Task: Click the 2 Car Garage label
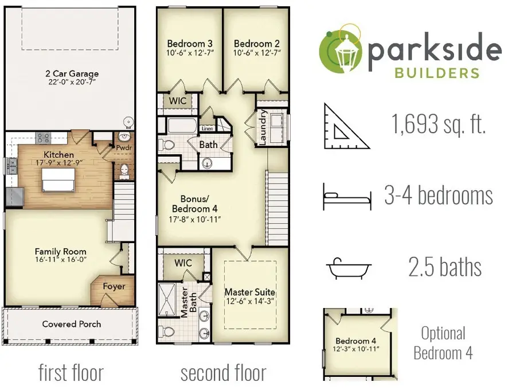click(x=72, y=73)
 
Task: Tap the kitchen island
click(x=58, y=180)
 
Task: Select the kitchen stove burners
click(x=43, y=138)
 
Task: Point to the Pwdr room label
click(x=124, y=148)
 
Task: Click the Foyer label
click(x=114, y=287)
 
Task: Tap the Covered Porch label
click(x=72, y=324)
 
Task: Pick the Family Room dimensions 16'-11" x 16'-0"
click(x=61, y=260)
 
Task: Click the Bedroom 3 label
click(x=190, y=44)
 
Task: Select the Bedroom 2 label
click(x=257, y=44)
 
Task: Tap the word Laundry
click(x=263, y=127)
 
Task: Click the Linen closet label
click(x=208, y=128)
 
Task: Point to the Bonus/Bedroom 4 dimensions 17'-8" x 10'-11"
click(x=195, y=220)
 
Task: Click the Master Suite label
click(x=250, y=292)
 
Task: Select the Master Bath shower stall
click(x=167, y=299)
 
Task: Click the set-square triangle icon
click(x=346, y=127)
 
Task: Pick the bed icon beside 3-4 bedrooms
click(x=347, y=197)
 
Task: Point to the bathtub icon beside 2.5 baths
click(x=349, y=268)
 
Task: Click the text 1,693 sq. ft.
click(x=439, y=124)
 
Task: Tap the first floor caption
click(x=71, y=373)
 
